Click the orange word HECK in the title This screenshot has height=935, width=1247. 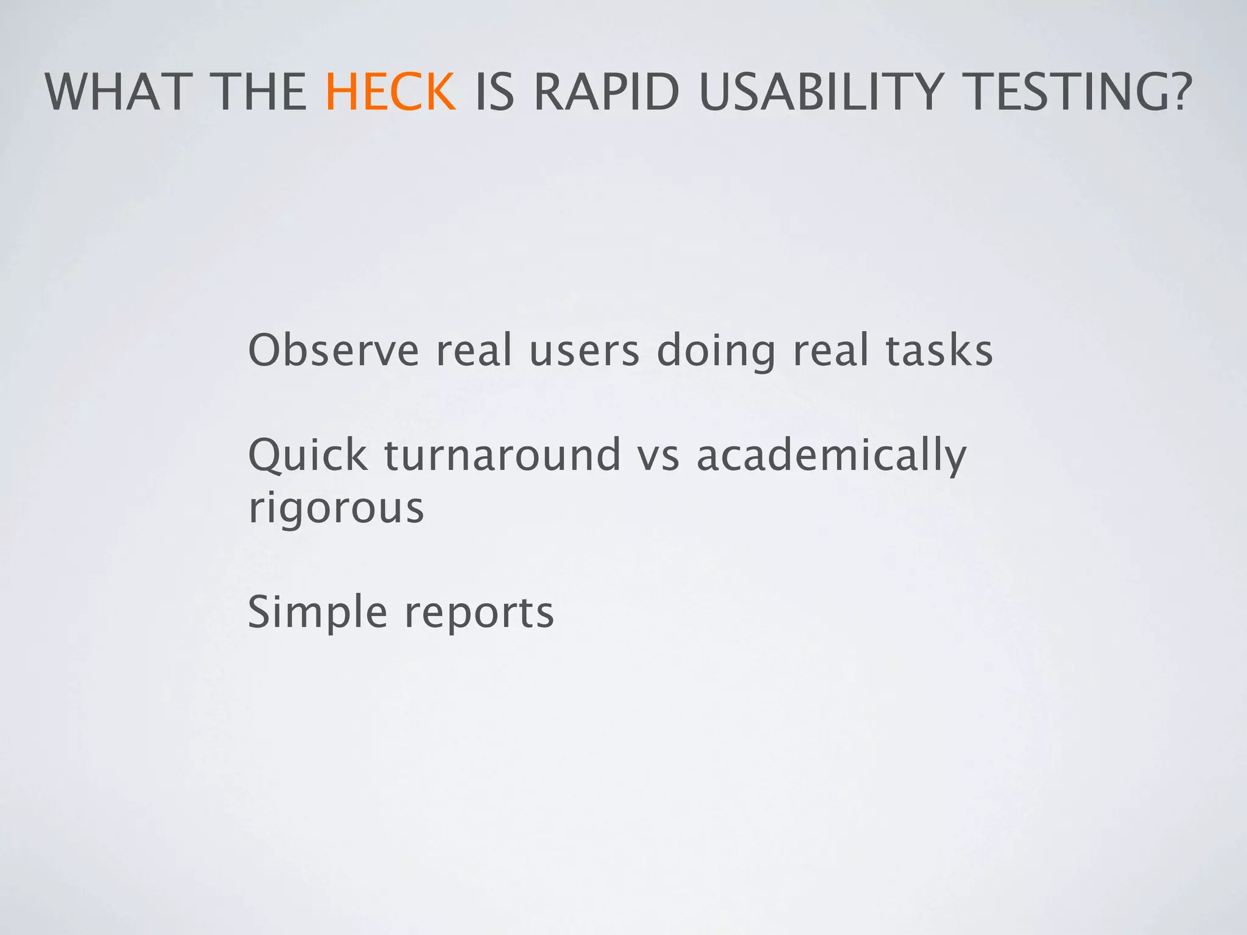(x=390, y=93)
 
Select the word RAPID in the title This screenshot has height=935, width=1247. (x=606, y=93)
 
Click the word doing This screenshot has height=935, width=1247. (x=716, y=352)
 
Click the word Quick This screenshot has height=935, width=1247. (x=307, y=455)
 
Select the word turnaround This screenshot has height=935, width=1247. (x=502, y=455)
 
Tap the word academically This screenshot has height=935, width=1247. (x=831, y=455)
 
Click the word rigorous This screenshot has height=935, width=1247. (x=336, y=509)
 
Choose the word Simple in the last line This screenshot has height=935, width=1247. (x=317, y=612)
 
